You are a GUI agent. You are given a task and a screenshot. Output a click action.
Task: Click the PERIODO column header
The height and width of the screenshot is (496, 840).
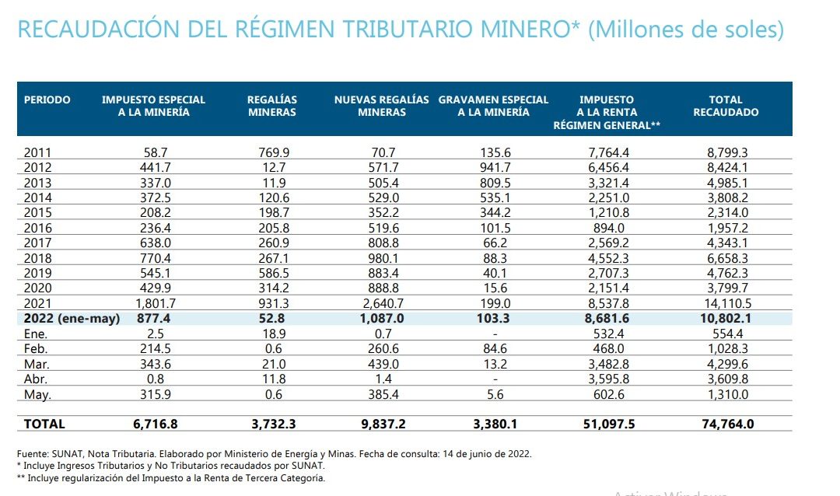click(x=47, y=100)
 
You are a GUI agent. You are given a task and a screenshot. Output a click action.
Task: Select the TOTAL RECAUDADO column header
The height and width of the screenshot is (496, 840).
click(x=726, y=106)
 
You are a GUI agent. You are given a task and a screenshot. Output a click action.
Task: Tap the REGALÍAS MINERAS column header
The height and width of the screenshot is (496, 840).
click(x=272, y=106)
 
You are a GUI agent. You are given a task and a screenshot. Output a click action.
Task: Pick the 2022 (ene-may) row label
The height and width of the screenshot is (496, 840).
click(x=72, y=318)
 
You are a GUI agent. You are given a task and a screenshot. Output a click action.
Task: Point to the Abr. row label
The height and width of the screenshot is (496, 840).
click(x=36, y=380)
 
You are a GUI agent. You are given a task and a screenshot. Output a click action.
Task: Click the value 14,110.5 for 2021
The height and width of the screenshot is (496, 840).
click(x=726, y=303)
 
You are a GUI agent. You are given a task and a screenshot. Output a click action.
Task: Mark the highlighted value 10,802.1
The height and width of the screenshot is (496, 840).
click(x=726, y=318)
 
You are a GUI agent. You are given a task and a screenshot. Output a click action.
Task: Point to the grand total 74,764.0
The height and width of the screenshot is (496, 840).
click(x=726, y=424)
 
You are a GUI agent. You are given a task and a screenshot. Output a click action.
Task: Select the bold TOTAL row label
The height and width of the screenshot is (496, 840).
click(x=44, y=424)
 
